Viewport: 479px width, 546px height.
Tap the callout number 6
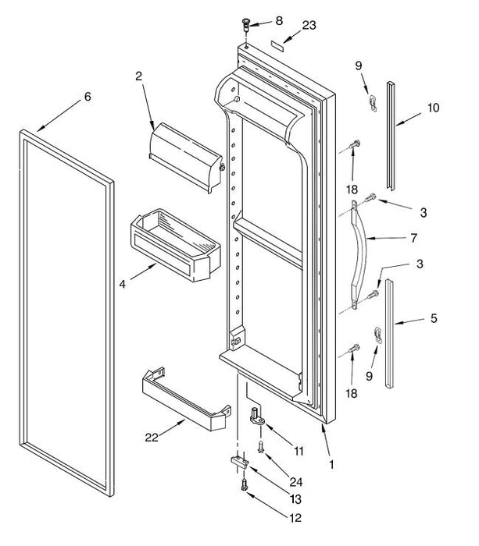point(88,97)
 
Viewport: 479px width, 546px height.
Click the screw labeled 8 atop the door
point(248,23)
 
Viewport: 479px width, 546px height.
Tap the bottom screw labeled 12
point(242,485)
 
